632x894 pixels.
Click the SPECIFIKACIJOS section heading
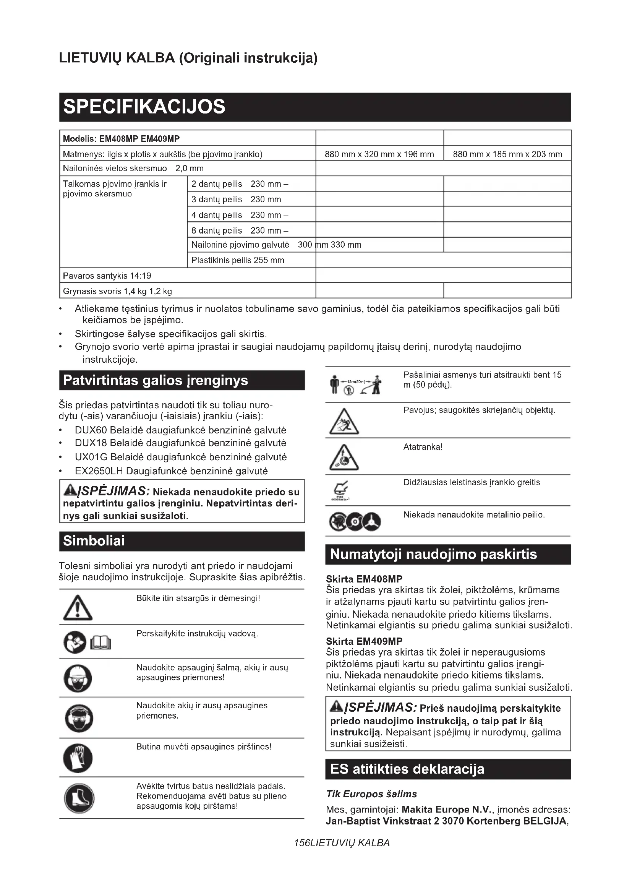click(x=144, y=107)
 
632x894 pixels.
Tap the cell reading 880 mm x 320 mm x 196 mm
click(x=379, y=154)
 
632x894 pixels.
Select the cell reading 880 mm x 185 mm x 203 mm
click(x=507, y=154)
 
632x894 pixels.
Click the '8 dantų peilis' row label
click(x=217, y=230)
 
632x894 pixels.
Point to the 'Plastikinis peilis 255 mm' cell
click(x=238, y=260)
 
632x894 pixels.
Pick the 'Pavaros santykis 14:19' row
click(x=107, y=276)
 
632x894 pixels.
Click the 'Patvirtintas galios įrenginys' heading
click(x=155, y=380)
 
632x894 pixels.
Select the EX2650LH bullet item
click(x=171, y=471)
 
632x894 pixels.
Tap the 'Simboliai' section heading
click(x=94, y=540)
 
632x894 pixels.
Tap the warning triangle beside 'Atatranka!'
click(x=344, y=457)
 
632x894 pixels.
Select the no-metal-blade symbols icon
click(x=355, y=521)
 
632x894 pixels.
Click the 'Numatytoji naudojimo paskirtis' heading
click(x=433, y=554)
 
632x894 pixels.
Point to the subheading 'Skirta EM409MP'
click(x=364, y=641)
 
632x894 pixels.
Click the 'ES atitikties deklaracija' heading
click(x=407, y=769)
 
